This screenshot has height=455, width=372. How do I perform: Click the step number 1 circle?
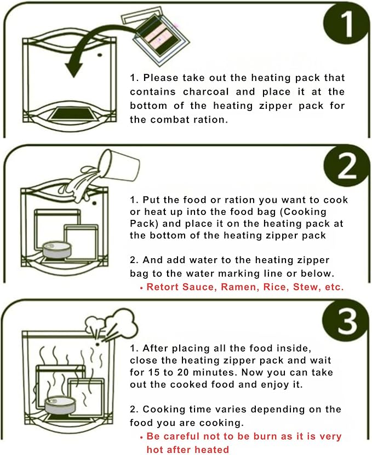point(346,25)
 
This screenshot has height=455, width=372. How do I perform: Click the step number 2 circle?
point(346,166)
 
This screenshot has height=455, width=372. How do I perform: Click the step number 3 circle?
point(346,321)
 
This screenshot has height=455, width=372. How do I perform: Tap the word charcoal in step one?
point(206,92)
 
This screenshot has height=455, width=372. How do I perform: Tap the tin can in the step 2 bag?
point(57,250)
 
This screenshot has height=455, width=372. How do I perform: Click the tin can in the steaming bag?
point(60,405)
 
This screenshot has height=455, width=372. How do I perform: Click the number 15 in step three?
point(154,372)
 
